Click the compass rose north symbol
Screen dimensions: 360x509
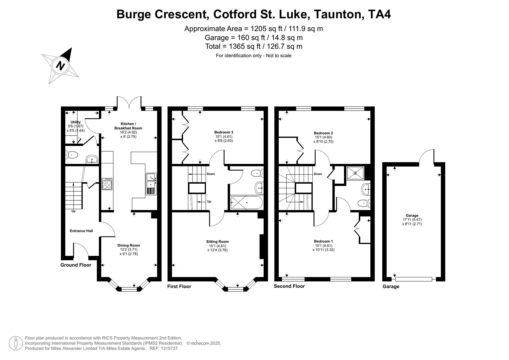point(60,65)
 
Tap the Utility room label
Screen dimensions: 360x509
point(76,122)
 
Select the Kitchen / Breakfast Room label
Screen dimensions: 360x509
point(128,126)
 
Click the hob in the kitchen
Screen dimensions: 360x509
point(107,184)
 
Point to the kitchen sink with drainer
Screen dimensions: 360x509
point(151,184)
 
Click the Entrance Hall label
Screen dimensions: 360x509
point(81,231)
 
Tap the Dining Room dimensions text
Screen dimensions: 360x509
point(128,252)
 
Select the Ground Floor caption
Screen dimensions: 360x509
point(76,265)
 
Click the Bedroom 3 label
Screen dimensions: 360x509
point(224,132)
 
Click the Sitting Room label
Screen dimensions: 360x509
point(217,242)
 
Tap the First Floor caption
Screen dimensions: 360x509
point(179,286)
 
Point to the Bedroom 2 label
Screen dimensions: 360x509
point(323,133)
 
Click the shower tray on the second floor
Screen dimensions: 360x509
point(355,173)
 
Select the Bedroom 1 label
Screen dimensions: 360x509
point(323,241)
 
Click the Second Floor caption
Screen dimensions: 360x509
point(289,286)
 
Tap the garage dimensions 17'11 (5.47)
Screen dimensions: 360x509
point(412,220)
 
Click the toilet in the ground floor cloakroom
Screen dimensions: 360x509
point(72,155)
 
